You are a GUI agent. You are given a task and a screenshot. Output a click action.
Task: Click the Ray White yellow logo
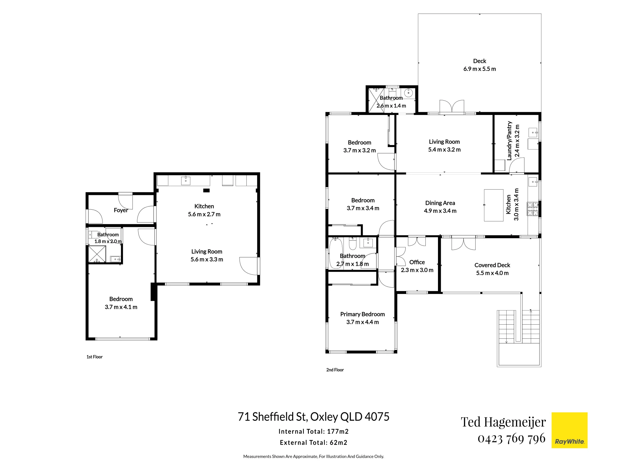569,430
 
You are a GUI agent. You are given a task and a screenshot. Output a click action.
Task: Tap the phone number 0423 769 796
511,438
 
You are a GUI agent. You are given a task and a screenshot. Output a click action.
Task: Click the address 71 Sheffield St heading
313,416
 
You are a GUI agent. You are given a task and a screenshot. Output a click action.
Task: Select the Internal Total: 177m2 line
313,431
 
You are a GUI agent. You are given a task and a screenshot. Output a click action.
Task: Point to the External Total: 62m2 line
313,442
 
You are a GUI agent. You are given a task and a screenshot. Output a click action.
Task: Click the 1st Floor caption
94,357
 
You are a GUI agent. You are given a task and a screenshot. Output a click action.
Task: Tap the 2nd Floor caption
335,370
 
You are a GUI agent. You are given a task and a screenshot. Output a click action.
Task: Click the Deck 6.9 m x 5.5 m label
480,65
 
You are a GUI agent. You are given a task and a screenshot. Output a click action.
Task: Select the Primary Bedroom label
362,314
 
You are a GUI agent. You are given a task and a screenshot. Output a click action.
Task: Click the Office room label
417,262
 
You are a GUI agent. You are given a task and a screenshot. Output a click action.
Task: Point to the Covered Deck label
492,265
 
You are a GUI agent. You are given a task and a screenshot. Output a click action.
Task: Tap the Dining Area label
440,203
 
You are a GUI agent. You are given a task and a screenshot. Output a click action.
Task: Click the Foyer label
121,210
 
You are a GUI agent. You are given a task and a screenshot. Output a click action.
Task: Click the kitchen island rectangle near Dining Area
493,205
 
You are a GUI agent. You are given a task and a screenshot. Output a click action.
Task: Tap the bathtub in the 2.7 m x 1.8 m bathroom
335,253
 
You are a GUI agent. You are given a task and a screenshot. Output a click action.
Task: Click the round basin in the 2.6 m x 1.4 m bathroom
408,93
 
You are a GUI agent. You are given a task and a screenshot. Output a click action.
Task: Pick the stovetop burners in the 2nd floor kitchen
533,209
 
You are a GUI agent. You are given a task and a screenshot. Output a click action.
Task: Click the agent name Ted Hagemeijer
503,422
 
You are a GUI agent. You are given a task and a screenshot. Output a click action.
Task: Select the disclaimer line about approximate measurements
313,457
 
